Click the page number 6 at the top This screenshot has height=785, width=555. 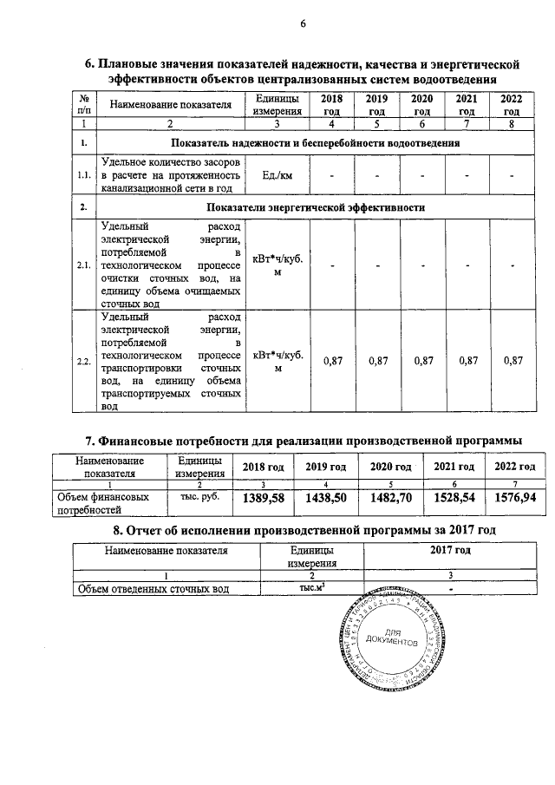[304, 23]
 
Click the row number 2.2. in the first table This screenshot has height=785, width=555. [84, 361]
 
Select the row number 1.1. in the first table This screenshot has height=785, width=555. [84, 176]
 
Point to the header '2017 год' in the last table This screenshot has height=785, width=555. [450, 550]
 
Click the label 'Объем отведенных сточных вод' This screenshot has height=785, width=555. [153, 589]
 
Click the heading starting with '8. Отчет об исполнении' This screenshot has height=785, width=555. [303, 530]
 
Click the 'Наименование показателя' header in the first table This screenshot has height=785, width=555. [170, 105]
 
